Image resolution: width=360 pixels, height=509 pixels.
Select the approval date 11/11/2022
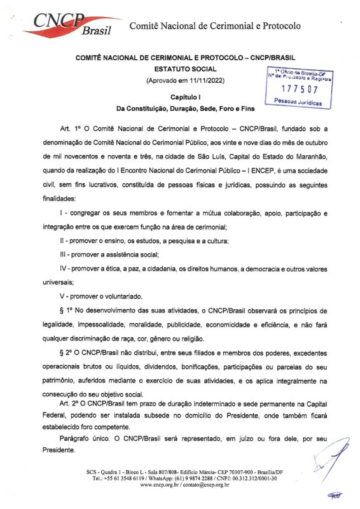click(202, 81)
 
